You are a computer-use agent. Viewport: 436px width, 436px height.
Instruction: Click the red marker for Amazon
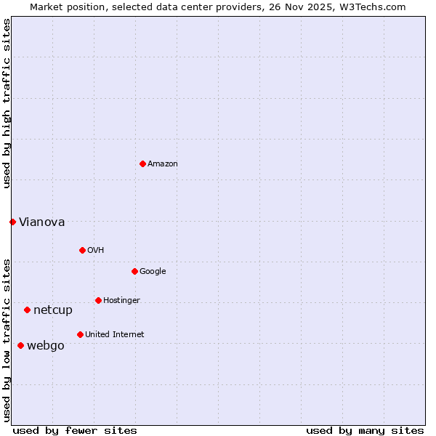tap(142, 163)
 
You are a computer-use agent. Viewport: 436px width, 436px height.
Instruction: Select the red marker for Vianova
tap(12, 222)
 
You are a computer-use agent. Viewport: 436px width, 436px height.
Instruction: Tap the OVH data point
tap(82, 250)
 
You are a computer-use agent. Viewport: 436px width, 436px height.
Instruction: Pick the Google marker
tap(134, 271)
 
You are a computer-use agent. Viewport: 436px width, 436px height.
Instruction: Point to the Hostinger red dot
tap(98, 300)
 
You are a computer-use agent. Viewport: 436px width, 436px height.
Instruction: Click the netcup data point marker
tap(27, 310)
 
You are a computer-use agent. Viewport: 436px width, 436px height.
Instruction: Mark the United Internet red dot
tap(80, 334)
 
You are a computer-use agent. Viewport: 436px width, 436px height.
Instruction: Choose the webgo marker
tap(20, 345)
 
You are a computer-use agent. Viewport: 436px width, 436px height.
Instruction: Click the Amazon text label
tap(163, 164)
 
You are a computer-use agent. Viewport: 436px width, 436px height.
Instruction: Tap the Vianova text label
tap(41, 222)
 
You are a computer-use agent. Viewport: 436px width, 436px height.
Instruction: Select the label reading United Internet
tap(114, 335)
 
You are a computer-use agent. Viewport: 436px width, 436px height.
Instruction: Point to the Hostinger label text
tap(121, 301)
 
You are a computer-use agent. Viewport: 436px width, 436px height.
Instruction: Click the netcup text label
tap(53, 310)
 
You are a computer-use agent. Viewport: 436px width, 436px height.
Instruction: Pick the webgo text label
tap(46, 346)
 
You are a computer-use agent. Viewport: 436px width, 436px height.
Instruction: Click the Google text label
tap(153, 272)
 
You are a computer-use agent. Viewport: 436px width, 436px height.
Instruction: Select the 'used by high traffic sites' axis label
tap(7, 103)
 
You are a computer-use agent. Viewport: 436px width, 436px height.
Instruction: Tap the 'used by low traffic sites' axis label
tap(7, 339)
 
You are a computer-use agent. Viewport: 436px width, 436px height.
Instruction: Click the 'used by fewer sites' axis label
tap(75, 430)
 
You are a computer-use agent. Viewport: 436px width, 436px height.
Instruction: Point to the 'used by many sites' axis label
tap(365, 430)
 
